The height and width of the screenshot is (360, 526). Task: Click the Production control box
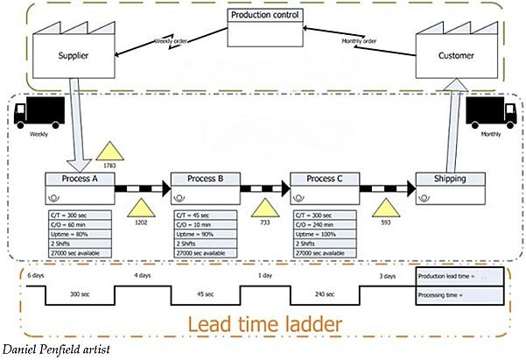(x=263, y=16)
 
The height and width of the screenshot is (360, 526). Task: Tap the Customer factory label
(x=456, y=56)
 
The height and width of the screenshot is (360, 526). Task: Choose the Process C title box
(x=326, y=180)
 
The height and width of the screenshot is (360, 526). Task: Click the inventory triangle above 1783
(x=109, y=151)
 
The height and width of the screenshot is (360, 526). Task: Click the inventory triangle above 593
(x=385, y=209)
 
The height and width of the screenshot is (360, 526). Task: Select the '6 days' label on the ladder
(x=35, y=275)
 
